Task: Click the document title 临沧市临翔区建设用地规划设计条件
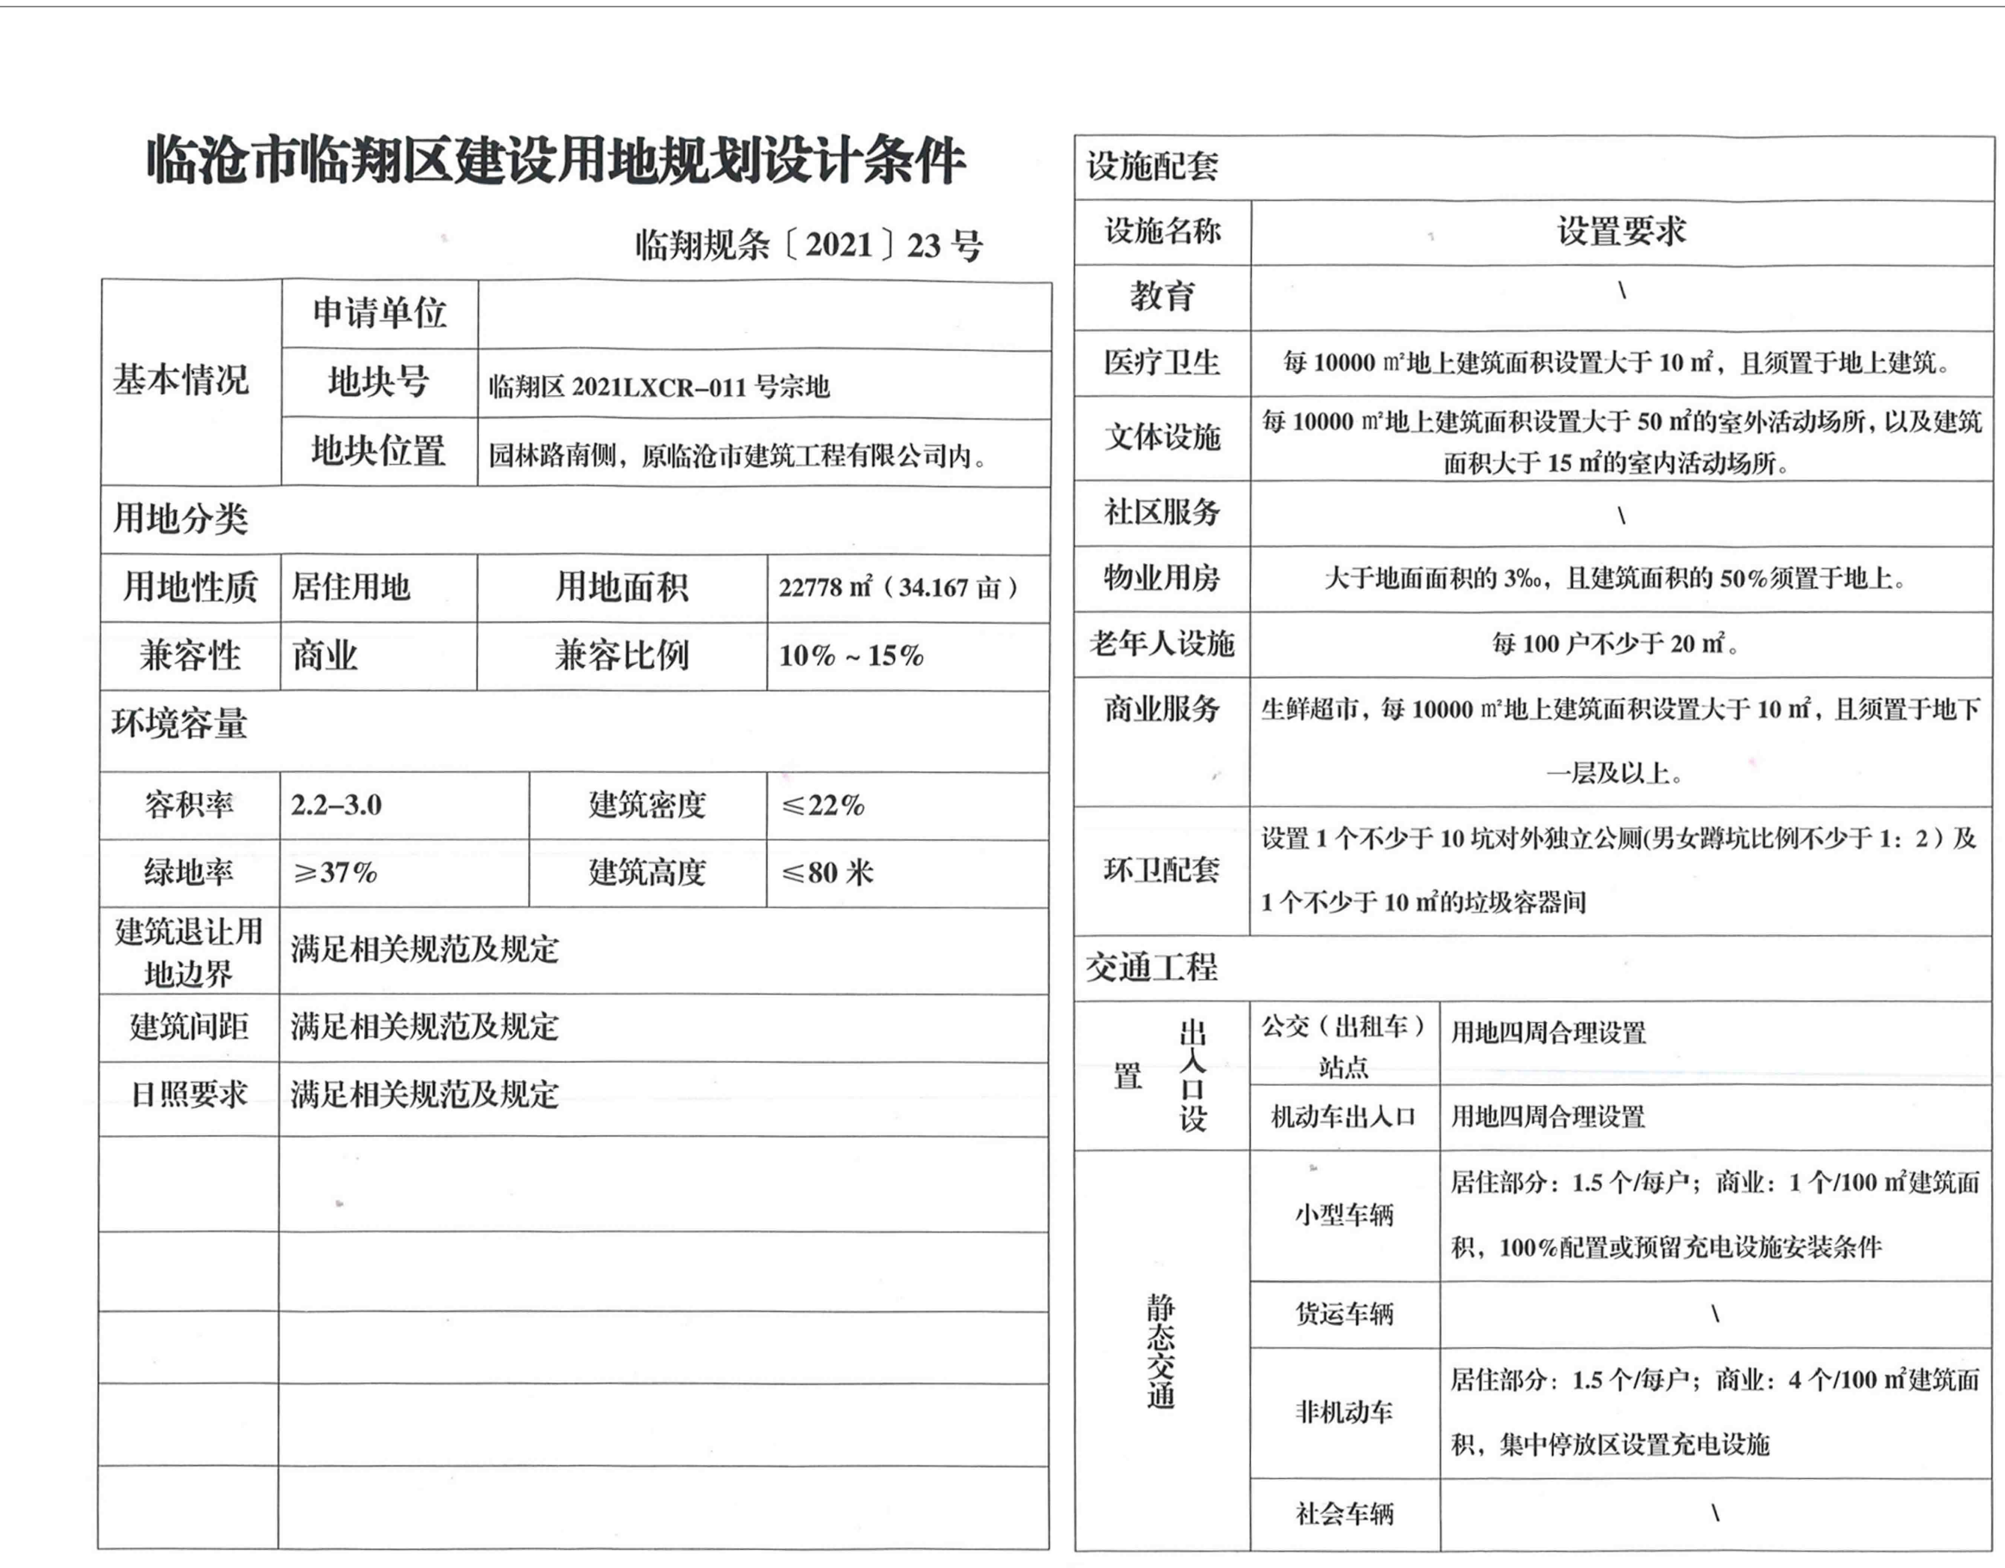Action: pyautogui.click(x=556, y=161)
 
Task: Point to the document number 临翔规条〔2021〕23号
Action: pyautogui.click(x=808, y=245)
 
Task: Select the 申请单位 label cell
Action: pyautogui.click(x=379, y=313)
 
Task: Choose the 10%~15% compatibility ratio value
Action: pyautogui.click(x=851, y=655)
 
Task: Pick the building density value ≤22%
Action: pyautogui.click(x=822, y=805)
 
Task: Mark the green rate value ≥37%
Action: pyautogui.click(x=335, y=872)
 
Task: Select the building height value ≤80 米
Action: pyautogui.click(x=827, y=872)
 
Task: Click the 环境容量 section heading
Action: pyautogui.click(x=180, y=724)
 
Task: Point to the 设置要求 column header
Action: pyautogui.click(x=1620, y=231)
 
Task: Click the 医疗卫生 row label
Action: pyautogui.click(x=1161, y=362)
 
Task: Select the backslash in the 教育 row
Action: pyautogui.click(x=1622, y=292)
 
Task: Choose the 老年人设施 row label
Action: pyautogui.click(x=1161, y=643)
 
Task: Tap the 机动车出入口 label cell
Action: pyautogui.click(x=1343, y=1116)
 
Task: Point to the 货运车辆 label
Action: pyautogui.click(x=1344, y=1314)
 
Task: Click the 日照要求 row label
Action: pyautogui.click(x=189, y=1094)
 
